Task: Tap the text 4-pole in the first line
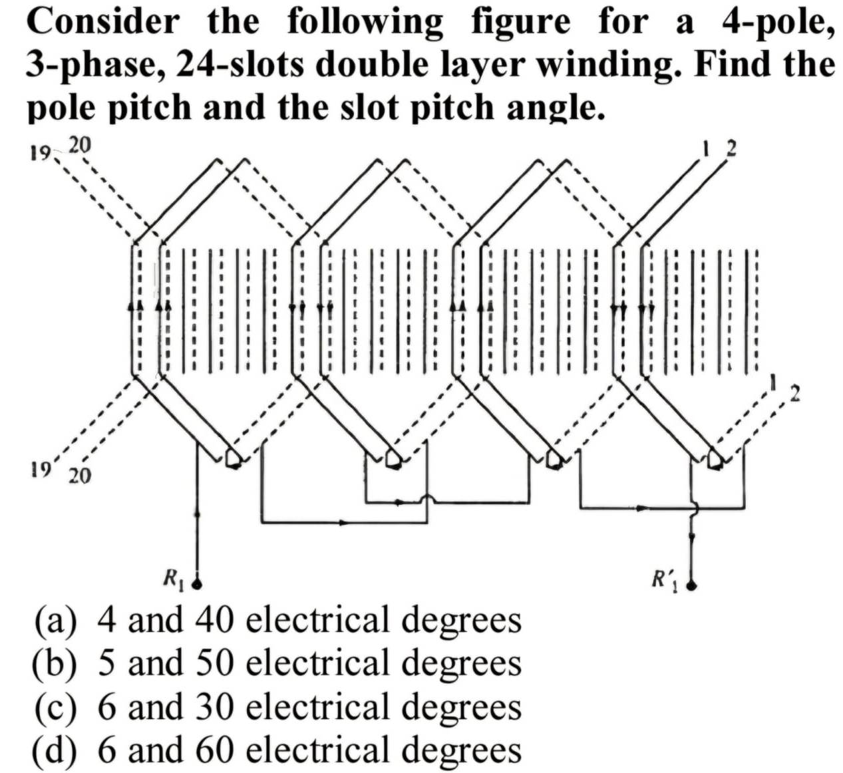coord(776,21)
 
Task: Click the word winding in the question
coord(613,65)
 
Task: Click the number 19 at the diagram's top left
coord(40,154)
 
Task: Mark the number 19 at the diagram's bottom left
coord(42,469)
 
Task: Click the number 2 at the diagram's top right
coord(731,148)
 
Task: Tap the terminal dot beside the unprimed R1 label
coord(197,585)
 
